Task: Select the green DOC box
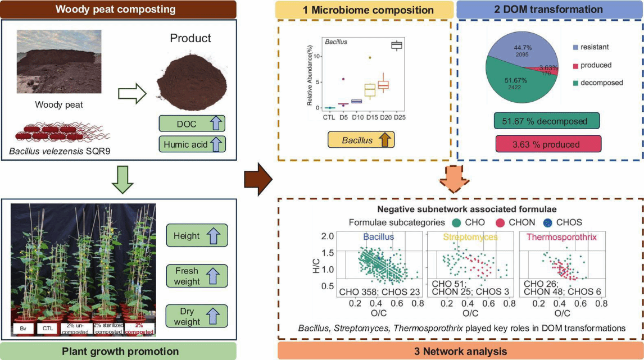(192, 124)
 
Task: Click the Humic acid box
(192, 144)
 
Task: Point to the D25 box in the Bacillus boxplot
(397, 45)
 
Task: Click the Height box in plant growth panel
(197, 236)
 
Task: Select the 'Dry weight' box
(197, 316)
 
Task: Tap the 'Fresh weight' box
(197, 276)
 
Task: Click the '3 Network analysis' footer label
(460, 351)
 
